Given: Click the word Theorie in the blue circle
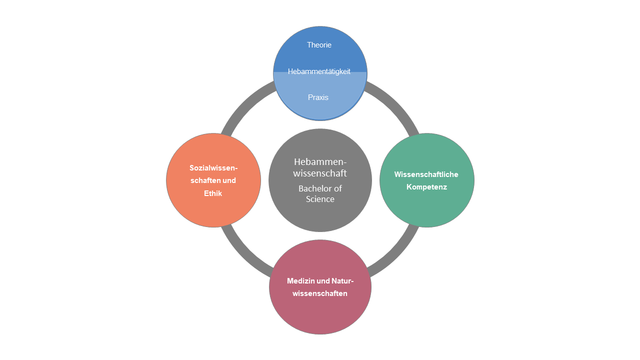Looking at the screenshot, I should pyautogui.click(x=319, y=45).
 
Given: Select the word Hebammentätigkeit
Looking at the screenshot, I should pyautogui.click(x=319, y=71).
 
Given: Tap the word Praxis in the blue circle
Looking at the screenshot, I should pyautogui.click(x=318, y=97).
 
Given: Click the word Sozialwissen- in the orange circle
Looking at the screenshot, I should pyautogui.click(x=213, y=168).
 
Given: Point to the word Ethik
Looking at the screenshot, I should pyautogui.click(x=213, y=193).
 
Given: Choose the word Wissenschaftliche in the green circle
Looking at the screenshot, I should pyautogui.click(x=426, y=174).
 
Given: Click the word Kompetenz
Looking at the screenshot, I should pyautogui.click(x=426, y=187).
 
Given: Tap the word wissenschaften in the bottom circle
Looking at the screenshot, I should pyautogui.click(x=320, y=293).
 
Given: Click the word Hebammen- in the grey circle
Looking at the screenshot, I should pyautogui.click(x=320, y=162).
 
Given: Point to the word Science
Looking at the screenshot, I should pyautogui.click(x=320, y=199).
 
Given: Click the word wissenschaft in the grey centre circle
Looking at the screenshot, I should pyautogui.click(x=320, y=173).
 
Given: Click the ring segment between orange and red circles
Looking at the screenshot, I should pyautogui.click(x=243, y=254).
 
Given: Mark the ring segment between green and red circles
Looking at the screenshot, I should pyautogui.click(x=397, y=254).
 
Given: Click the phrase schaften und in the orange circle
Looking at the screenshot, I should pyautogui.click(x=213, y=180).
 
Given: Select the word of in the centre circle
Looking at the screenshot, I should pyautogui.click(x=338, y=188).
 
